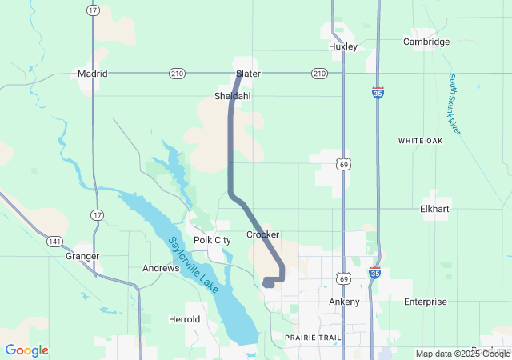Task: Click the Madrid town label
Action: click(92, 74)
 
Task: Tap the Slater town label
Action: click(248, 74)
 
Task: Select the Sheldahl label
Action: click(232, 96)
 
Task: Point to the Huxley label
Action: click(342, 46)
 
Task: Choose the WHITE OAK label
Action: click(420, 141)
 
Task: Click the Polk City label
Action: click(212, 240)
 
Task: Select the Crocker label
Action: click(262, 234)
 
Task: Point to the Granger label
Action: click(82, 256)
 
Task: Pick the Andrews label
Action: click(161, 268)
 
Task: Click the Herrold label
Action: click(184, 319)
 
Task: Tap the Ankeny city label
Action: click(345, 302)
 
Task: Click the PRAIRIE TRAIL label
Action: click(314, 338)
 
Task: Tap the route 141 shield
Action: click(53, 241)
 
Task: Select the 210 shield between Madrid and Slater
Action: click(177, 74)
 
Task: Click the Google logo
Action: click(26, 350)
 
